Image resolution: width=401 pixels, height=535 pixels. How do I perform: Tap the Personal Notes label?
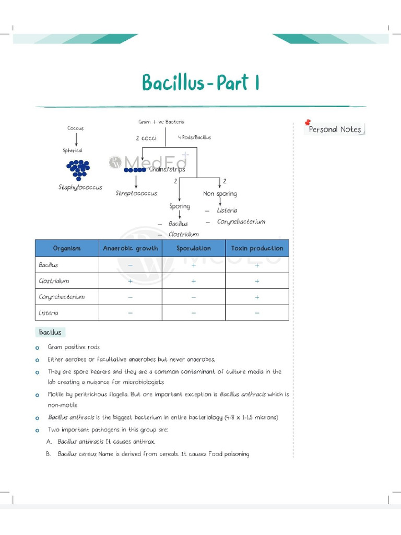tap(335, 130)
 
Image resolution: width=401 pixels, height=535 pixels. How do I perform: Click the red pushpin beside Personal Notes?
tap(308, 122)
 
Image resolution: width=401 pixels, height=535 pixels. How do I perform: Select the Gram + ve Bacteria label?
tap(161, 122)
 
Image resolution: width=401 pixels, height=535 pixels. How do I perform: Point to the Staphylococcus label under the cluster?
tap(80, 187)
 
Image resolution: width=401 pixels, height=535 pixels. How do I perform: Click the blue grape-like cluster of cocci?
tap(78, 169)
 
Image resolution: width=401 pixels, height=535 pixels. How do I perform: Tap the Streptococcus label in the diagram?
tap(136, 193)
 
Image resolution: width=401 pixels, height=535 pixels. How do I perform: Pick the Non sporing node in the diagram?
tap(220, 194)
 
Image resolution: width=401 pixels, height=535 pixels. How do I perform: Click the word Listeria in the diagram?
tap(227, 210)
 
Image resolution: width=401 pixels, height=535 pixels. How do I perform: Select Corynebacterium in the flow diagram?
tap(241, 222)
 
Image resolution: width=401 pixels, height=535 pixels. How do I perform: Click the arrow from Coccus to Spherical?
tap(76, 139)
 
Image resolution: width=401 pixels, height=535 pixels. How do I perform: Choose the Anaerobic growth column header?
tap(130, 249)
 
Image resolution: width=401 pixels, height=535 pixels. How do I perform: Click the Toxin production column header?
tap(257, 249)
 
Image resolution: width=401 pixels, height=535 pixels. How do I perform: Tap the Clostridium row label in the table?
tap(54, 281)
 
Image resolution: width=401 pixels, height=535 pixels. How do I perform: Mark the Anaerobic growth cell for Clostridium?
tap(130, 281)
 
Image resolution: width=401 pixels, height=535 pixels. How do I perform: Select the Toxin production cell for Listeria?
tap(257, 313)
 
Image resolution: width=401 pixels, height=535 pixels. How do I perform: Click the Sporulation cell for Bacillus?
tap(194, 265)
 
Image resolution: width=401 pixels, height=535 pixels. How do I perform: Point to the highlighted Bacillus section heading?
tap(50, 332)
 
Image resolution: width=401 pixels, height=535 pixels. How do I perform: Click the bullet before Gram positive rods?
tap(38, 347)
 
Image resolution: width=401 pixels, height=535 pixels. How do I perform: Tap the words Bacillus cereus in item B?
tap(77, 454)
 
